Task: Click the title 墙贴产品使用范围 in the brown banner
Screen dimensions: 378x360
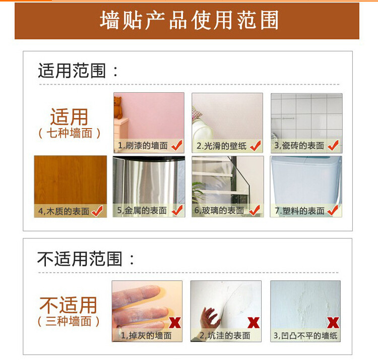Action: pyautogui.click(x=189, y=20)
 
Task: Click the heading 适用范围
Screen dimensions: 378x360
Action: pyautogui.click(x=72, y=71)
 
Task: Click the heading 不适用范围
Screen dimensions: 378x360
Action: pyautogui.click(x=80, y=259)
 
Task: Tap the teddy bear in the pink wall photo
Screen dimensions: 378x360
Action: pyautogui.click(x=118, y=107)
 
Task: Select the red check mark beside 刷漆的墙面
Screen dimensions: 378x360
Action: pyautogui.click(x=177, y=145)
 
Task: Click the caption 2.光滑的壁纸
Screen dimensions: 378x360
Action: pyautogui.click(x=221, y=146)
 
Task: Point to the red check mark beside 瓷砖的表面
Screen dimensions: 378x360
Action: pyautogui.click(x=333, y=145)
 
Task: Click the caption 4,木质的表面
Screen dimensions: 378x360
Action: pyautogui.click(x=64, y=211)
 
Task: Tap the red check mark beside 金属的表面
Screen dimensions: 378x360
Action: pyautogui.click(x=177, y=210)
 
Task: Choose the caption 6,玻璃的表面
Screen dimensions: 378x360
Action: pyautogui.click(x=219, y=210)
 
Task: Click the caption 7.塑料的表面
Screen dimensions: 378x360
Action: pyautogui.click(x=299, y=211)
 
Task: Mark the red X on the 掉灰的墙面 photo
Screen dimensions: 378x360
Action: pyautogui.click(x=175, y=323)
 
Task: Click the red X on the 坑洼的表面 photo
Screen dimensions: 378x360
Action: pyautogui.click(x=254, y=323)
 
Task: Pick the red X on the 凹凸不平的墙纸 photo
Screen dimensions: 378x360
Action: pyautogui.click(x=333, y=323)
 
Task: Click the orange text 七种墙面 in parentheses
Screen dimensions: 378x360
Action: pyautogui.click(x=70, y=133)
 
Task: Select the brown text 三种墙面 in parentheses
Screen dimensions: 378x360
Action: pyautogui.click(x=69, y=321)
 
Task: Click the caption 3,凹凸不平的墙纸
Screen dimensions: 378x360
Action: pyautogui.click(x=305, y=336)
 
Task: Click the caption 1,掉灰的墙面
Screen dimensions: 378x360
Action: pyautogui.click(x=146, y=336)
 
